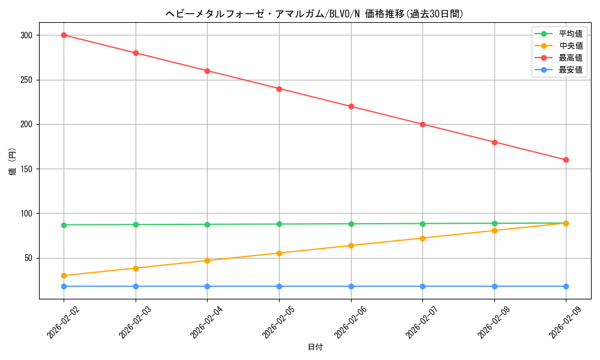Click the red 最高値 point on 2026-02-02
point(64,35)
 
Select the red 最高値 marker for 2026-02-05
point(279,89)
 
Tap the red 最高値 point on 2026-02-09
point(566,160)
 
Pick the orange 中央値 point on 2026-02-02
point(64,276)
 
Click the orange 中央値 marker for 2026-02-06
point(351,245)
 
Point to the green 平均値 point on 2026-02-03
point(136,224)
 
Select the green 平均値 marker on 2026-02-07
point(422,224)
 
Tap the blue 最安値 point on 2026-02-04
point(208,286)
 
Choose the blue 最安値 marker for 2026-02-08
point(494,286)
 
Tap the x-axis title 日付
point(315,347)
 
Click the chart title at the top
point(315,14)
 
